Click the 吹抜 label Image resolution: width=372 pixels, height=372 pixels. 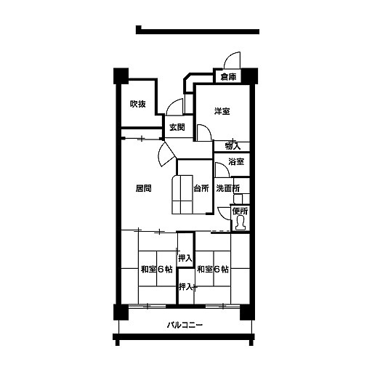(x=138, y=104)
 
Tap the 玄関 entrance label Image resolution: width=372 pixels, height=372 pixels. (x=177, y=127)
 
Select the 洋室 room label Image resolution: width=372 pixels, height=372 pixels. (x=222, y=111)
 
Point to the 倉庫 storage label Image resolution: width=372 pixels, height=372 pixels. (x=228, y=77)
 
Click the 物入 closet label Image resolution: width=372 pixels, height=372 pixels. (x=232, y=146)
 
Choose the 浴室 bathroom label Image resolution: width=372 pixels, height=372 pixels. (x=236, y=161)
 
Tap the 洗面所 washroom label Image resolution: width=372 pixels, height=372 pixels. (x=228, y=188)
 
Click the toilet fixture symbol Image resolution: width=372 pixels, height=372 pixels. (x=240, y=223)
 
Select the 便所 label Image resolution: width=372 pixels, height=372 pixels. (x=240, y=211)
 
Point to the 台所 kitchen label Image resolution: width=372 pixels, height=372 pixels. (x=201, y=188)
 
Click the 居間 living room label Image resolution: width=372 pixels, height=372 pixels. (x=143, y=188)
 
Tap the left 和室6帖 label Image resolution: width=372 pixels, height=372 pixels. (x=157, y=270)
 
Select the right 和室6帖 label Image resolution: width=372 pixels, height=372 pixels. (x=213, y=270)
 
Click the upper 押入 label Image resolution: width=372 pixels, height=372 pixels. (x=185, y=259)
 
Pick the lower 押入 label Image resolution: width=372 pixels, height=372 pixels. (x=186, y=287)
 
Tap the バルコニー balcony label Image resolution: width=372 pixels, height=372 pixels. (x=185, y=325)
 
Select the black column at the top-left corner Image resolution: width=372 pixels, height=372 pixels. (x=121, y=76)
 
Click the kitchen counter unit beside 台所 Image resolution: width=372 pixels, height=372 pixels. (x=182, y=195)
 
